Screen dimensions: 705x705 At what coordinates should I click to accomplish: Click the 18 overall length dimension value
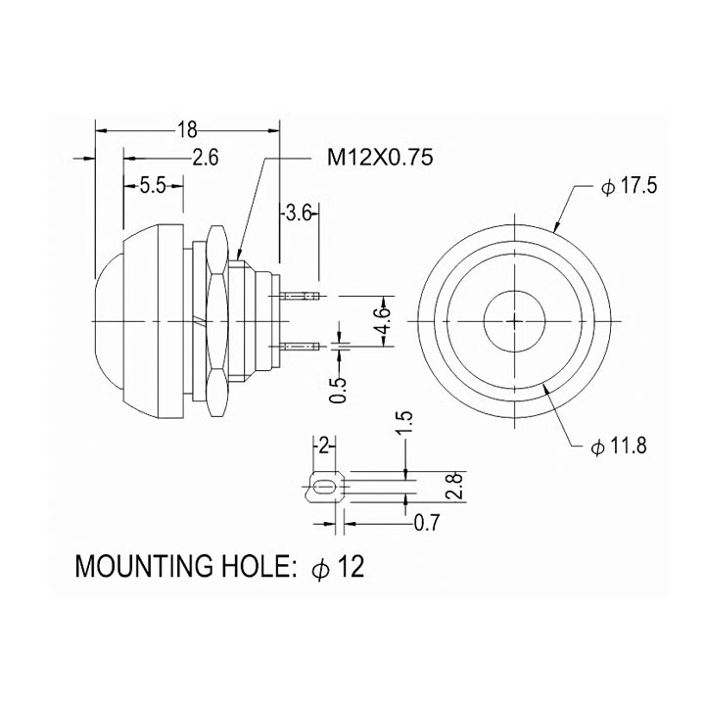(x=187, y=129)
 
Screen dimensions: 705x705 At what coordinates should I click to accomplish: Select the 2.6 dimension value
(x=205, y=157)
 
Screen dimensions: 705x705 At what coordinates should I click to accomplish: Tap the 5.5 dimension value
(x=153, y=186)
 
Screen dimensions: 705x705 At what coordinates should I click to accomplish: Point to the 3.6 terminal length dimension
(x=298, y=211)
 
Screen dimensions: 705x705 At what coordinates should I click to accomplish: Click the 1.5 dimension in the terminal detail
(x=406, y=423)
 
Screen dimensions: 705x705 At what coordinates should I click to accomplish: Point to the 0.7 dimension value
(x=426, y=523)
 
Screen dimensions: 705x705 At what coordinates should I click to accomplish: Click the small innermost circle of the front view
(x=515, y=320)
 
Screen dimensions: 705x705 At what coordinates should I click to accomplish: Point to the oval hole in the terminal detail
(x=325, y=487)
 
